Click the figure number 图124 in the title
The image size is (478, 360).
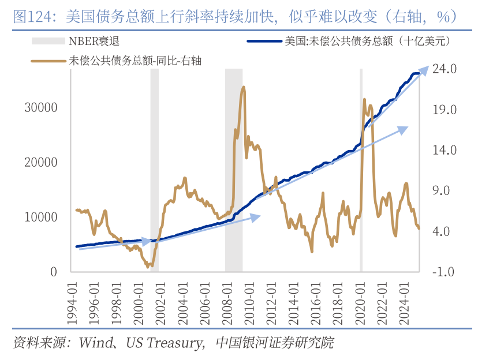[x=29, y=16]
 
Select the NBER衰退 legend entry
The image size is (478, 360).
[x=86, y=41]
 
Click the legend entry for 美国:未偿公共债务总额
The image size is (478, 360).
[x=346, y=41]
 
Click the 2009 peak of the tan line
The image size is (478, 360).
[x=244, y=88]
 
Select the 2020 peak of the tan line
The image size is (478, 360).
[x=364, y=100]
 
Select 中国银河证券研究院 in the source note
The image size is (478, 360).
[x=275, y=343]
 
